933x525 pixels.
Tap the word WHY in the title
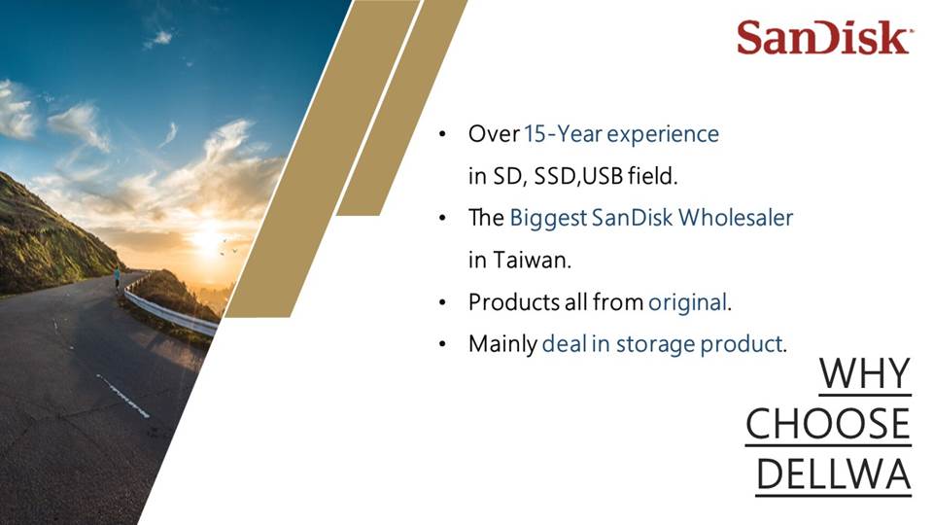click(x=865, y=373)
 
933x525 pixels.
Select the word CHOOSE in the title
click(x=828, y=424)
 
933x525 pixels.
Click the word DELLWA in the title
click(x=834, y=474)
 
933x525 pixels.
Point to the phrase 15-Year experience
click(x=621, y=134)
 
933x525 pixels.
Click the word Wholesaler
click(x=736, y=217)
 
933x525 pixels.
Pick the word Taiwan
click(x=532, y=261)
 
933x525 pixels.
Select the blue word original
click(x=688, y=302)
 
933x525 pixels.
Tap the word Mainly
click(x=502, y=344)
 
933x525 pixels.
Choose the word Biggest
click(x=548, y=219)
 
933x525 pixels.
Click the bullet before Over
click(x=442, y=134)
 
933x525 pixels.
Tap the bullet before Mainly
click(x=442, y=344)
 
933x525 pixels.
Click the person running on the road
click(x=118, y=277)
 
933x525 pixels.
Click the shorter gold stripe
click(x=401, y=107)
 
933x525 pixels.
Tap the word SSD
click(x=555, y=176)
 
